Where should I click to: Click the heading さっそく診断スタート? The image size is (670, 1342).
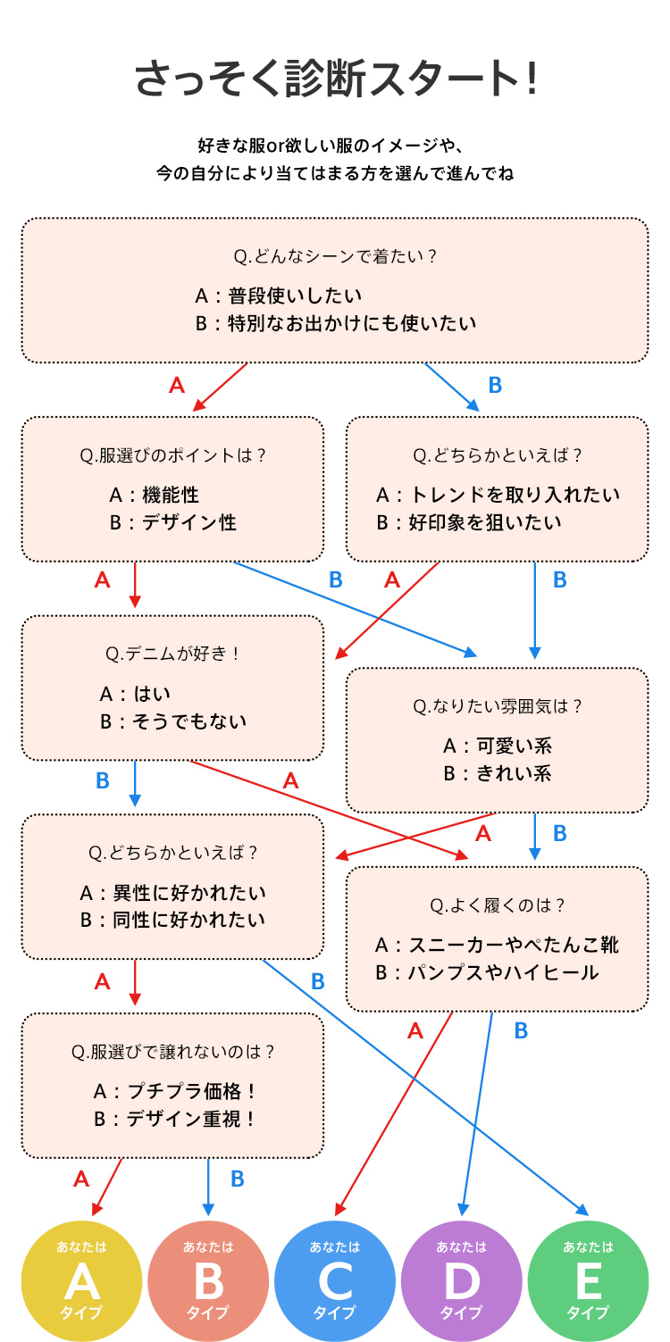[336, 79]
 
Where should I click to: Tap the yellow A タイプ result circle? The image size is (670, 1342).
[82, 1281]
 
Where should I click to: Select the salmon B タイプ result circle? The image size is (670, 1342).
[208, 1281]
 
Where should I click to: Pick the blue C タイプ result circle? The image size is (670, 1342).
[335, 1281]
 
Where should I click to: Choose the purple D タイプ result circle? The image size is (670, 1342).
[462, 1281]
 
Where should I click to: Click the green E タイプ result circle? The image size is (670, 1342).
[588, 1281]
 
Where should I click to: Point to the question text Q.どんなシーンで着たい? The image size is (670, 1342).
[335, 256]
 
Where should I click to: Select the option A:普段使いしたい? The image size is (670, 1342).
[279, 296]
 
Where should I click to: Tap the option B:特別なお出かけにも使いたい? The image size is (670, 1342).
[336, 323]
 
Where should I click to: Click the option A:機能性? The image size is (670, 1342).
[155, 495]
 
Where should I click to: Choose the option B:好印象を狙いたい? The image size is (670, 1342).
[469, 522]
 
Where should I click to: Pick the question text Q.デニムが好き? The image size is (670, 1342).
[172, 654]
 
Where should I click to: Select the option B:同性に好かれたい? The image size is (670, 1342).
[172, 920]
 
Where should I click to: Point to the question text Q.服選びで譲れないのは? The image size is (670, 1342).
[172, 1052]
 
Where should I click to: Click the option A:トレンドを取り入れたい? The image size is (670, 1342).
[498, 495]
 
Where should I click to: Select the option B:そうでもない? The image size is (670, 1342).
[173, 721]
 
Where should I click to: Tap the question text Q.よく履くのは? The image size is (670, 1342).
[498, 905]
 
